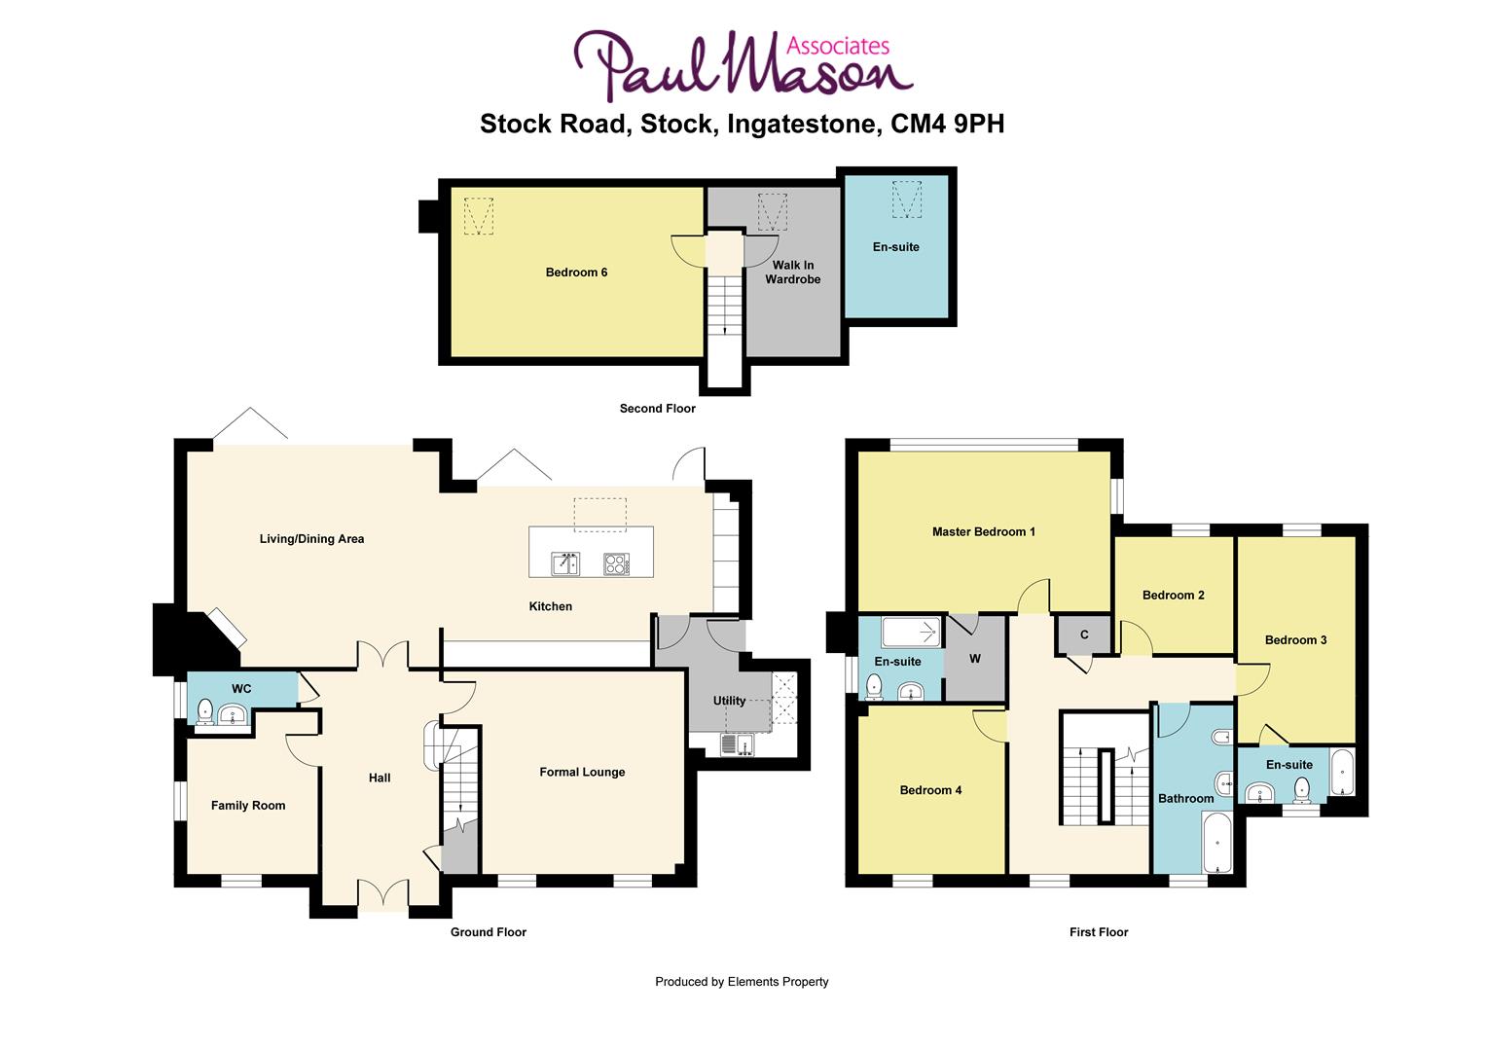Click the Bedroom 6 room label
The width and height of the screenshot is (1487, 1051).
click(576, 272)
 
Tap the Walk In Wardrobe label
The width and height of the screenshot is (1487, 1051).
click(792, 272)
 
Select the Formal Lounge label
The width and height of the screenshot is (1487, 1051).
click(582, 773)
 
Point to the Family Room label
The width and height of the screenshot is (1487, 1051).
click(248, 806)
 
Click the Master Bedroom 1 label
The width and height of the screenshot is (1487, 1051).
click(983, 532)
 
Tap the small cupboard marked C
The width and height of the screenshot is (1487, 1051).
click(1084, 635)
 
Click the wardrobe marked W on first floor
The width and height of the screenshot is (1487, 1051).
click(974, 659)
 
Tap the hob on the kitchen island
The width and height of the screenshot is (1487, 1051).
click(616, 563)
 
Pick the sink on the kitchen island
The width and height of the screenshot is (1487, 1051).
click(565, 563)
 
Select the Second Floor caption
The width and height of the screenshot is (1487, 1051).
click(657, 409)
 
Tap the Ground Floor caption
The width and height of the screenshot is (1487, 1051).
click(488, 932)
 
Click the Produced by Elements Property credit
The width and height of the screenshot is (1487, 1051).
click(742, 982)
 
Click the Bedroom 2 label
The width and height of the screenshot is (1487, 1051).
click(1173, 596)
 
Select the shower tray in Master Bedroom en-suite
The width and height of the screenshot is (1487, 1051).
click(911, 634)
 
